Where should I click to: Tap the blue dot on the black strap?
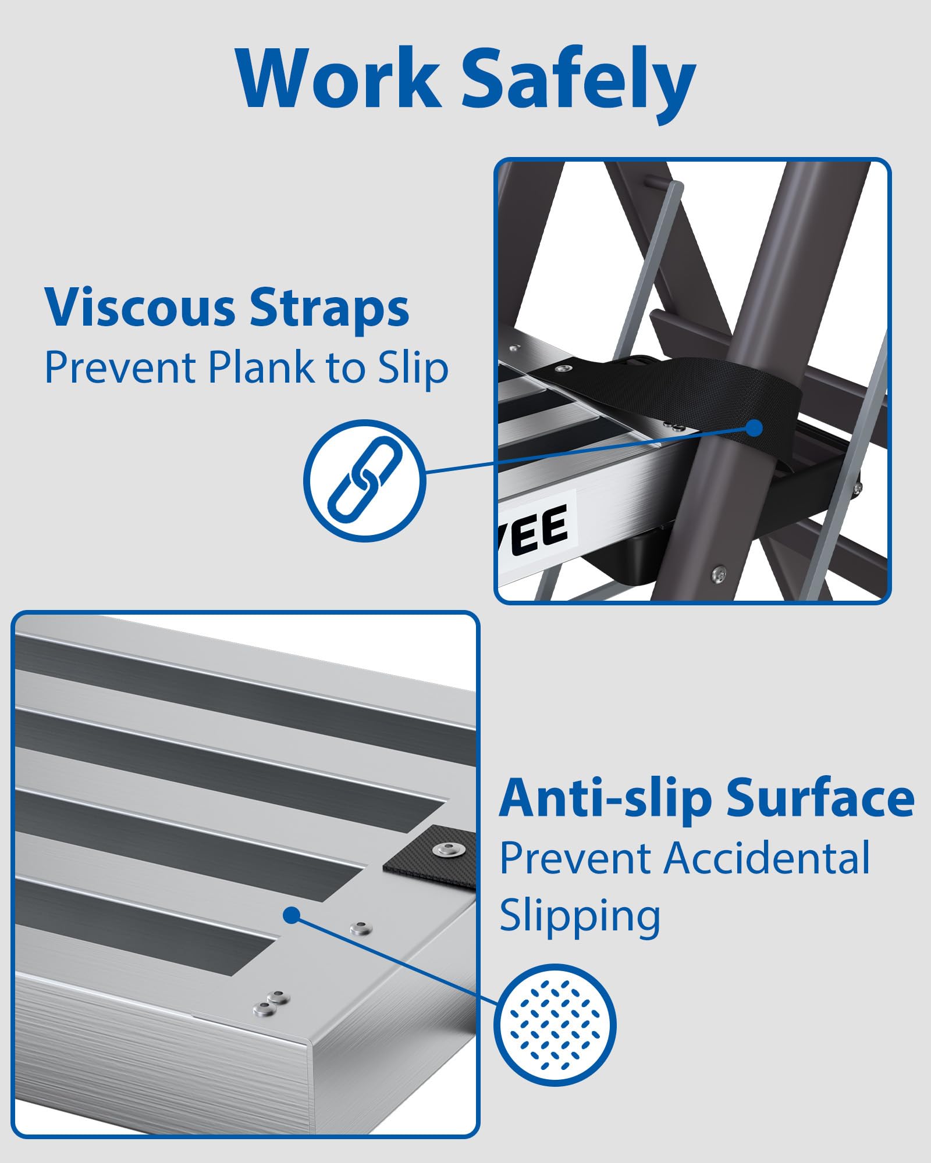(755, 428)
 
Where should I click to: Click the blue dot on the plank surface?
(292, 915)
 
